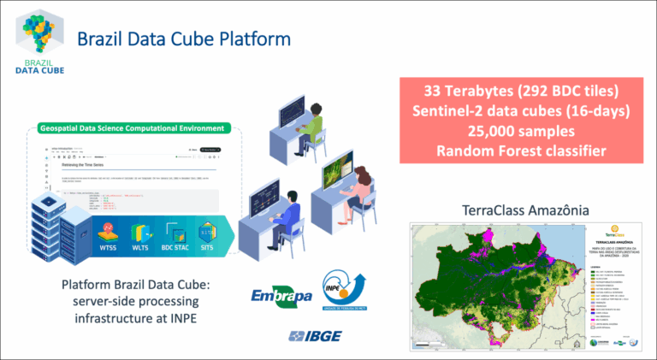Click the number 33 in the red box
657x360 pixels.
point(435,91)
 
